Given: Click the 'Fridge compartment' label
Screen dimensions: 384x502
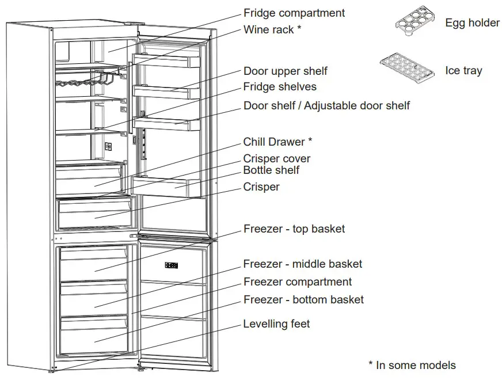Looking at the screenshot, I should pos(294,13).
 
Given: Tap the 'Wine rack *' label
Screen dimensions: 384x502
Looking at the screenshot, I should pos(272,30).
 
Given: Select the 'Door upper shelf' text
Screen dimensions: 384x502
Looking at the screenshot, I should pos(285,71).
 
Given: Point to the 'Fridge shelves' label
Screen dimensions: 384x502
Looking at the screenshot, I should pos(280,87).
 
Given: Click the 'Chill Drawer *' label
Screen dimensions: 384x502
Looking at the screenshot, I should pos(277,142).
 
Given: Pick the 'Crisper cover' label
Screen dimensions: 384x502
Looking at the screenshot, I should pos(277,158).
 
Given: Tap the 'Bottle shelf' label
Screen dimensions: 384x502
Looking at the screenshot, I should pos(271,170).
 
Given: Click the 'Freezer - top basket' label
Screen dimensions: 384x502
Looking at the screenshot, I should pos(294,229).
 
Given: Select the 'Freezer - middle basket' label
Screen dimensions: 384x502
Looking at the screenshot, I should pos(303,264).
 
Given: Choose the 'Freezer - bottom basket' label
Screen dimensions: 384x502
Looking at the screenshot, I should pos(303,299).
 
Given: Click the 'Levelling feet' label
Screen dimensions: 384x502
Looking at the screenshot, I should pos(276,324).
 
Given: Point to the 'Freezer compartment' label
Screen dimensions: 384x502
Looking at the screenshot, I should pos(298,282).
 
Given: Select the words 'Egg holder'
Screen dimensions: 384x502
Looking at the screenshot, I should pos(472,23).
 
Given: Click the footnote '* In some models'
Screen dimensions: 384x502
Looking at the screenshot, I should pos(412,365).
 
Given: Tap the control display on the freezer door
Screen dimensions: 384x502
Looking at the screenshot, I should pos(172,265).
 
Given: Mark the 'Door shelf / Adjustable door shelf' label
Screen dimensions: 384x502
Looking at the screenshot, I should pos(326,105).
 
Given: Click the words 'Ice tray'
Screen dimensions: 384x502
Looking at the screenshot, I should pos(463,71).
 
